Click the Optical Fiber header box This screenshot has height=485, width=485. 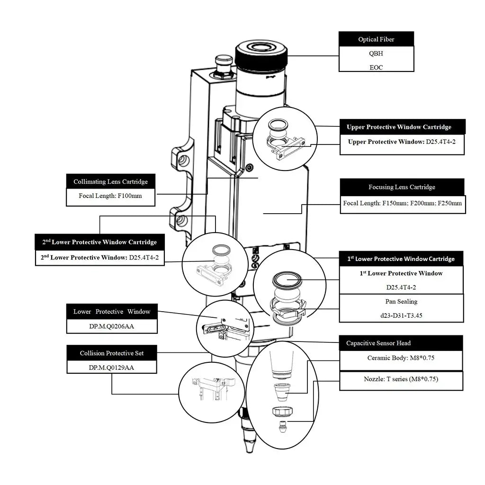click(376, 39)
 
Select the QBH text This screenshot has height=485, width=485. click(376, 54)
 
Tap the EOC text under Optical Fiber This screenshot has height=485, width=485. click(376, 67)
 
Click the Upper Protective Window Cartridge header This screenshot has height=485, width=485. click(403, 127)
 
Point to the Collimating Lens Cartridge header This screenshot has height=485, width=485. click(110, 181)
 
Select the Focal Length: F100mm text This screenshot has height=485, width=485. click(110, 196)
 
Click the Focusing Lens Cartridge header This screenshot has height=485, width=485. click(402, 187)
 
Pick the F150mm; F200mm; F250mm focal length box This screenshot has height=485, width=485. click(403, 204)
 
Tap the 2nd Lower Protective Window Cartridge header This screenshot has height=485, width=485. click(99, 242)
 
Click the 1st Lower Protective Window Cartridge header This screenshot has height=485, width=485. click(401, 259)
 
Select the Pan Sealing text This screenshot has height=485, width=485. click(401, 301)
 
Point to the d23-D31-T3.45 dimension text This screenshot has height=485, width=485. click(401, 315)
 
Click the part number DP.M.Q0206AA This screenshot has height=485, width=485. click(111, 326)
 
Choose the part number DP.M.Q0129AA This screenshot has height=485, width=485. click(111, 367)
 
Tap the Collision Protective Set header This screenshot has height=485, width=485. click(111, 353)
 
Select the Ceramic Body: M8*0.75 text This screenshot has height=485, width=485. click(401, 358)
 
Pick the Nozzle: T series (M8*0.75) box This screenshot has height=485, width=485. click(401, 379)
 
